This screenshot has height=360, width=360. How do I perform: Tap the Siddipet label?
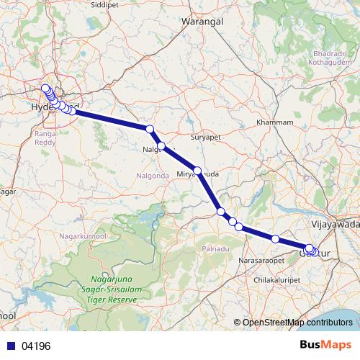(125, 4)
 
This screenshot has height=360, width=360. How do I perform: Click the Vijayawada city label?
(337, 224)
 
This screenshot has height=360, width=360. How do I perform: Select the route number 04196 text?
(35, 346)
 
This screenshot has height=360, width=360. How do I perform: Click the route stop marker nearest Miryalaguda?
(197, 171)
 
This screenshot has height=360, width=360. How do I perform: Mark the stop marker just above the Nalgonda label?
(162, 146)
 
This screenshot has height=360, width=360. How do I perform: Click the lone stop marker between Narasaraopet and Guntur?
(275, 238)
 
